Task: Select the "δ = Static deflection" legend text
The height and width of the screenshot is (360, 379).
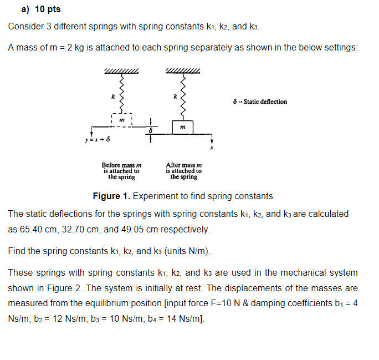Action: point(260,102)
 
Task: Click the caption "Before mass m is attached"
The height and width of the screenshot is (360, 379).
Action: point(121,171)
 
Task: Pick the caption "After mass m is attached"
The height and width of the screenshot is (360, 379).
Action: point(183,171)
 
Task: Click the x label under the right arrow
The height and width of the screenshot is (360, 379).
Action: point(211,149)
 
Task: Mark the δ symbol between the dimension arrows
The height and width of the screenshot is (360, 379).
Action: point(150,130)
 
